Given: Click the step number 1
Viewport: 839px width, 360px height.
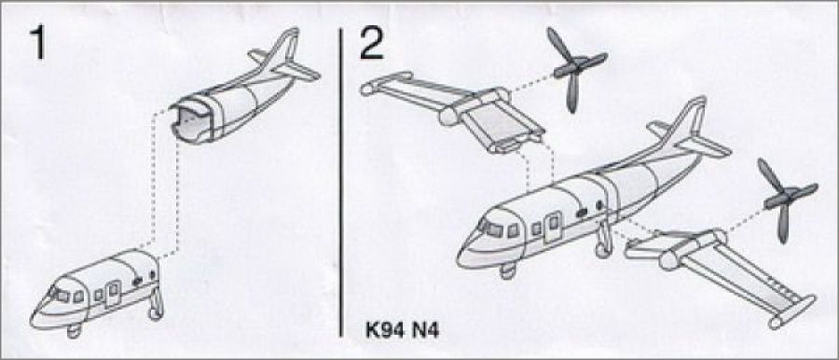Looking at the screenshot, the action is point(37,42).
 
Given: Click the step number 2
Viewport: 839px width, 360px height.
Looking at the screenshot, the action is point(371,42).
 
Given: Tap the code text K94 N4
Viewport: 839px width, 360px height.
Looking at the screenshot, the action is point(402,330).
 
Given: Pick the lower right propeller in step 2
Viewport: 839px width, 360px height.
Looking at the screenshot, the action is point(785,200).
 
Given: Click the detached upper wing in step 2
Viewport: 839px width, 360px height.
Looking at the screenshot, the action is point(454,110).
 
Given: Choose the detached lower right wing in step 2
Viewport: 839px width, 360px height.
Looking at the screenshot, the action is point(720,272).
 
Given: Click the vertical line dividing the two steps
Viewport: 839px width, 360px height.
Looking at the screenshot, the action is point(341,182).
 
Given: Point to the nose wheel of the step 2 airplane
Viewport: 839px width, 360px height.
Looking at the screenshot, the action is point(507,271).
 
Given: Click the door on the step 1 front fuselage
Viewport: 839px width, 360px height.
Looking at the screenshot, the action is point(113,294).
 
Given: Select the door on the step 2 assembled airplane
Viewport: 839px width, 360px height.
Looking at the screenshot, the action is point(552,228).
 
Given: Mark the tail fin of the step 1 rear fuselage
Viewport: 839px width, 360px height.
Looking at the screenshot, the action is point(283,51).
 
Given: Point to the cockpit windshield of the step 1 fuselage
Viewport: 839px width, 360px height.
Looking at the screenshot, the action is point(59,294).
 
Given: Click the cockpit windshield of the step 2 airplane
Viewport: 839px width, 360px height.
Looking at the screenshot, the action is point(491,228).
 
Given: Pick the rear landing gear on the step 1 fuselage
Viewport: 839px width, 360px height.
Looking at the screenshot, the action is point(157,304).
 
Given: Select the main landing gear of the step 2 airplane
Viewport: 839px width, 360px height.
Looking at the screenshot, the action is point(603,239).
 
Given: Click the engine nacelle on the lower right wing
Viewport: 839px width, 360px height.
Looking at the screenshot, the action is point(694,248).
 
